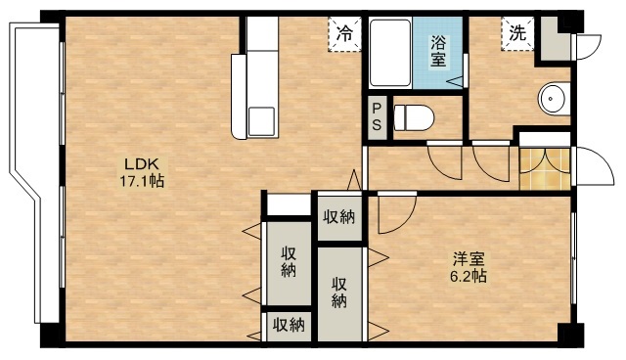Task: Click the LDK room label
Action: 135,163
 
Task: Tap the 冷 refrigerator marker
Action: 344,33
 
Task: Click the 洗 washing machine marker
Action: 516,31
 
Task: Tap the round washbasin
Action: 554,99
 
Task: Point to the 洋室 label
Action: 468,259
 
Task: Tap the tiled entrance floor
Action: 543,168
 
